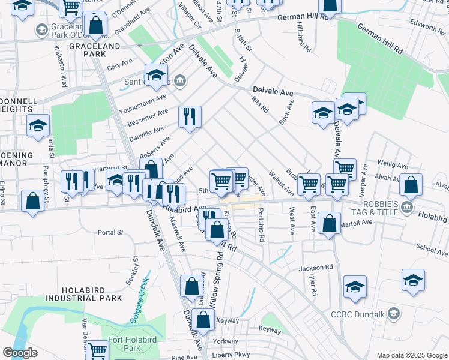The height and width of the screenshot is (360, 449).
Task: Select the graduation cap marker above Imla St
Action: (38, 125)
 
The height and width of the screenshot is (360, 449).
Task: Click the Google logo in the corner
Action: (20, 353)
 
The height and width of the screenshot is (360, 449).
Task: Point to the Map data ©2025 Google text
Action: (411, 355)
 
